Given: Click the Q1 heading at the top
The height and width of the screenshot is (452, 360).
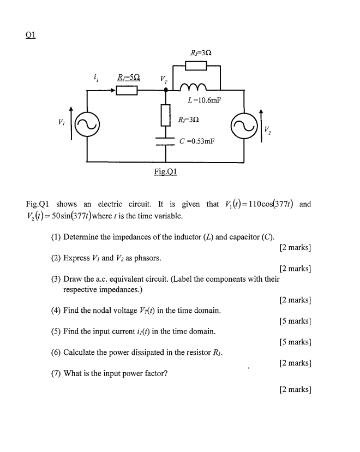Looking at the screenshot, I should tap(31, 33).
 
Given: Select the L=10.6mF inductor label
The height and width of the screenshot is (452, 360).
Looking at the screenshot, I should tap(200, 100).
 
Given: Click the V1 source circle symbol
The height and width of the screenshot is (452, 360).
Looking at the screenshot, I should tap(85, 124).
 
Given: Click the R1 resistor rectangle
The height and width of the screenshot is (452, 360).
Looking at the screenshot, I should tap(125, 90).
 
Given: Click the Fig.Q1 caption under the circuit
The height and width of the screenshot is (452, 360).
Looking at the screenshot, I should tap(167, 171).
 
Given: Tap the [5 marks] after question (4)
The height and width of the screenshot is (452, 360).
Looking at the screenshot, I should tap(295, 321).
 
